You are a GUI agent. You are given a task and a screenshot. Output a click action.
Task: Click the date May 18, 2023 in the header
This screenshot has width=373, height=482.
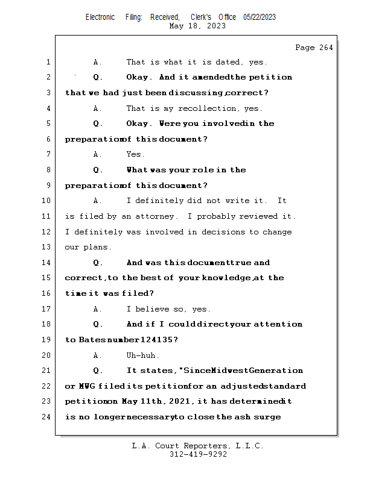198,26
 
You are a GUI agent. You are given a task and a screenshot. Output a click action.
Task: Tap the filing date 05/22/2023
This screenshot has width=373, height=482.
260,17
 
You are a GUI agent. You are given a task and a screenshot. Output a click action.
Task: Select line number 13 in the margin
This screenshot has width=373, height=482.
48,247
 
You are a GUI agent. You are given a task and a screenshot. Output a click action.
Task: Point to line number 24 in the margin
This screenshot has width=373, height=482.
48,416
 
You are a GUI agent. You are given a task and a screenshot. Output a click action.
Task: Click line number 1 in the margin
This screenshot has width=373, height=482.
48,62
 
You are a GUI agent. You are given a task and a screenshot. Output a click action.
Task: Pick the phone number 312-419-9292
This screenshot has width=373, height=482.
198,454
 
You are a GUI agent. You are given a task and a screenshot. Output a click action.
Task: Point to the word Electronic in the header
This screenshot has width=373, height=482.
100,17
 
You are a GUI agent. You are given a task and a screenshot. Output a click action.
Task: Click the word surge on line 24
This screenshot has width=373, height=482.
267,416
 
